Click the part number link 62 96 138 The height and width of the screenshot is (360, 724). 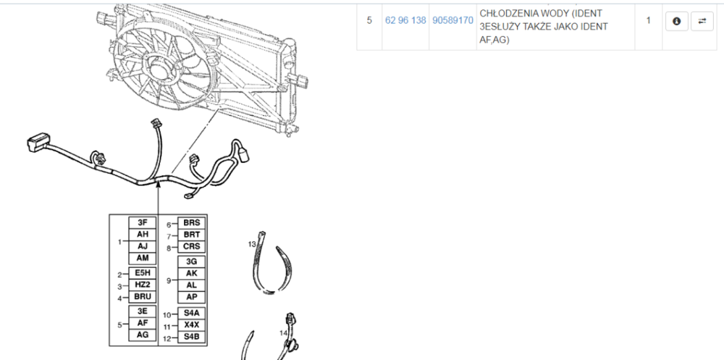coord(405,21)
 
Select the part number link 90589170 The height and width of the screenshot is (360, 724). coord(452,21)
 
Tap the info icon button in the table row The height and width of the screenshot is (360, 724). coord(677,21)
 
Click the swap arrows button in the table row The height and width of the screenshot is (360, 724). coord(702,21)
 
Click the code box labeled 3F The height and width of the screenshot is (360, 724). coord(143,223)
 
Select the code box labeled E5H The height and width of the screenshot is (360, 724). coord(143,273)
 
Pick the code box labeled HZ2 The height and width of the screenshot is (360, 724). coord(143,285)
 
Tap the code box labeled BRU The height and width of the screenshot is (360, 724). coord(143,296)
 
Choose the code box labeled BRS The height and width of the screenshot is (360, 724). coord(192,223)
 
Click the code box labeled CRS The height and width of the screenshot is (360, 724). coord(192,247)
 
